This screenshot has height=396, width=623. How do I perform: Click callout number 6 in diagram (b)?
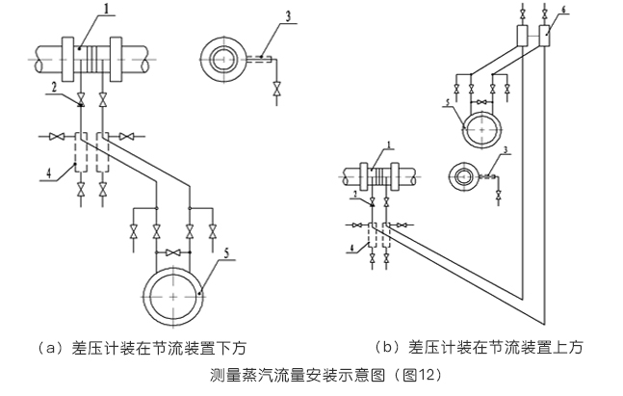click(x=564, y=9)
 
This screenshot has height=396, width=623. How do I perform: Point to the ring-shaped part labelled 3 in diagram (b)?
click(x=467, y=175)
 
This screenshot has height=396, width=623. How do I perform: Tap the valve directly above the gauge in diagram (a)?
click(x=173, y=252)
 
